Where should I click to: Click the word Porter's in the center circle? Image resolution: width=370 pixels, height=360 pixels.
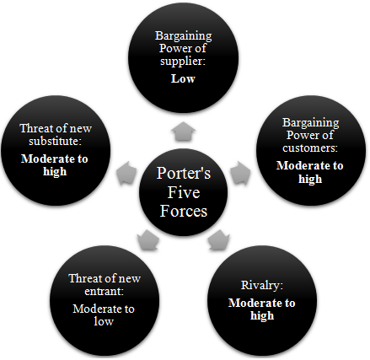pyautogui.click(x=184, y=173)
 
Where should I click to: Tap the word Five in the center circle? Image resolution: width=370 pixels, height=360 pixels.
pyautogui.click(x=184, y=192)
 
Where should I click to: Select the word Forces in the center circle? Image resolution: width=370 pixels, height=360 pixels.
pyautogui.click(x=184, y=211)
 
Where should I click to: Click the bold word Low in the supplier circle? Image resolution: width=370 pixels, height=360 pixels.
pyautogui.click(x=183, y=78)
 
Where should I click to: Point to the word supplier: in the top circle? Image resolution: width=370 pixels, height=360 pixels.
pyautogui.click(x=183, y=62)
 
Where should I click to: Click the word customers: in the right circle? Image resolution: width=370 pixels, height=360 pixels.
pyautogui.click(x=310, y=148)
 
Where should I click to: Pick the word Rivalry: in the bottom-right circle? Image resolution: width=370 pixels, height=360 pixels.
pyautogui.click(x=262, y=286)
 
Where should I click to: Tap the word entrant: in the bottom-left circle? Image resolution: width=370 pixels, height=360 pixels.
pyautogui.click(x=104, y=291)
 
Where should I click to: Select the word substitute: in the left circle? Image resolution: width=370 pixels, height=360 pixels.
pyautogui.click(x=55, y=141)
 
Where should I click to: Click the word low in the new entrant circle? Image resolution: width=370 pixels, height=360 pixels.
pyautogui.click(x=104, y=321)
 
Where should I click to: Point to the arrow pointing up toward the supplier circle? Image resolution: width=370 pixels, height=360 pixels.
pyautogui.click(x=183, y=131)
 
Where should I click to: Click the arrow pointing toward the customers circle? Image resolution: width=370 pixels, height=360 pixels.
pyautogui.click(x=240, y=173)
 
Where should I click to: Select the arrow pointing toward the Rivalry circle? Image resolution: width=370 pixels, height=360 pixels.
pyautogui.click(x=218, y=239)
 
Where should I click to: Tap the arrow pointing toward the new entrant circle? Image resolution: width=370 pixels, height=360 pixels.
pyautogui.click(x=148, y=239)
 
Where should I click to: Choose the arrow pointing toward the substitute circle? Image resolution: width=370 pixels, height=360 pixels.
pyautogui.click(x=126, y=173)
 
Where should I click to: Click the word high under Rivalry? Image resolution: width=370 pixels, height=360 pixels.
pyautogui.click(x=262, y=315)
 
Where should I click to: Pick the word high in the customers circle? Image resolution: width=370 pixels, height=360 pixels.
pyautogui.click(x=310, y=179)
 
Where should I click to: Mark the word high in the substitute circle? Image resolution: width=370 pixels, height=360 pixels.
pyautogui.click(x=55, y=171)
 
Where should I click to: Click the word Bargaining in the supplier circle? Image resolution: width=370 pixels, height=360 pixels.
pyautogui.click(x=184, y=36)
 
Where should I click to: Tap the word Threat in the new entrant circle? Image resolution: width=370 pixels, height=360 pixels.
pyautogui.click(x=83, y=278)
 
